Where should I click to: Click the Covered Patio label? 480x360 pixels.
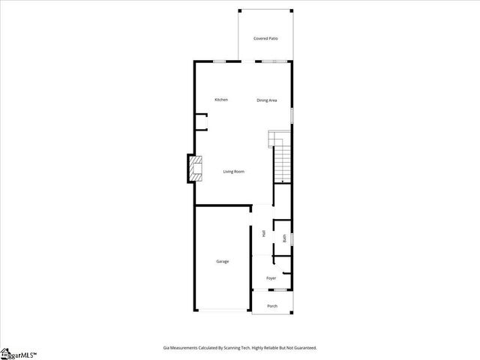point(265,38)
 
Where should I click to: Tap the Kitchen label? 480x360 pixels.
point(221,100)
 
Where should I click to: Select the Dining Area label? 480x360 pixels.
point(267,100)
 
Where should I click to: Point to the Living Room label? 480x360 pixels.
point(233,172)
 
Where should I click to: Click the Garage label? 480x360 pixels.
point(223,261)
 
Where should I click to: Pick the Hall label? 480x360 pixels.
point(264,233)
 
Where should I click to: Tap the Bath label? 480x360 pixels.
point(284,238)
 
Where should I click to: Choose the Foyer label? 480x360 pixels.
point(271,278)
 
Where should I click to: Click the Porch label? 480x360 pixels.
point(272,306)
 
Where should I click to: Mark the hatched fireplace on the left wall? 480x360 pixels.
point(195,169)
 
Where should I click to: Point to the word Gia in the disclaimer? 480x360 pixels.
point(166,348)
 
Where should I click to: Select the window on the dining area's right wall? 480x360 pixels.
point(292,114)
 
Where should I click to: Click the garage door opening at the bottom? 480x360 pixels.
point(223,310)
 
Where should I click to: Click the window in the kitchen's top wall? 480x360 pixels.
point(220,61)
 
